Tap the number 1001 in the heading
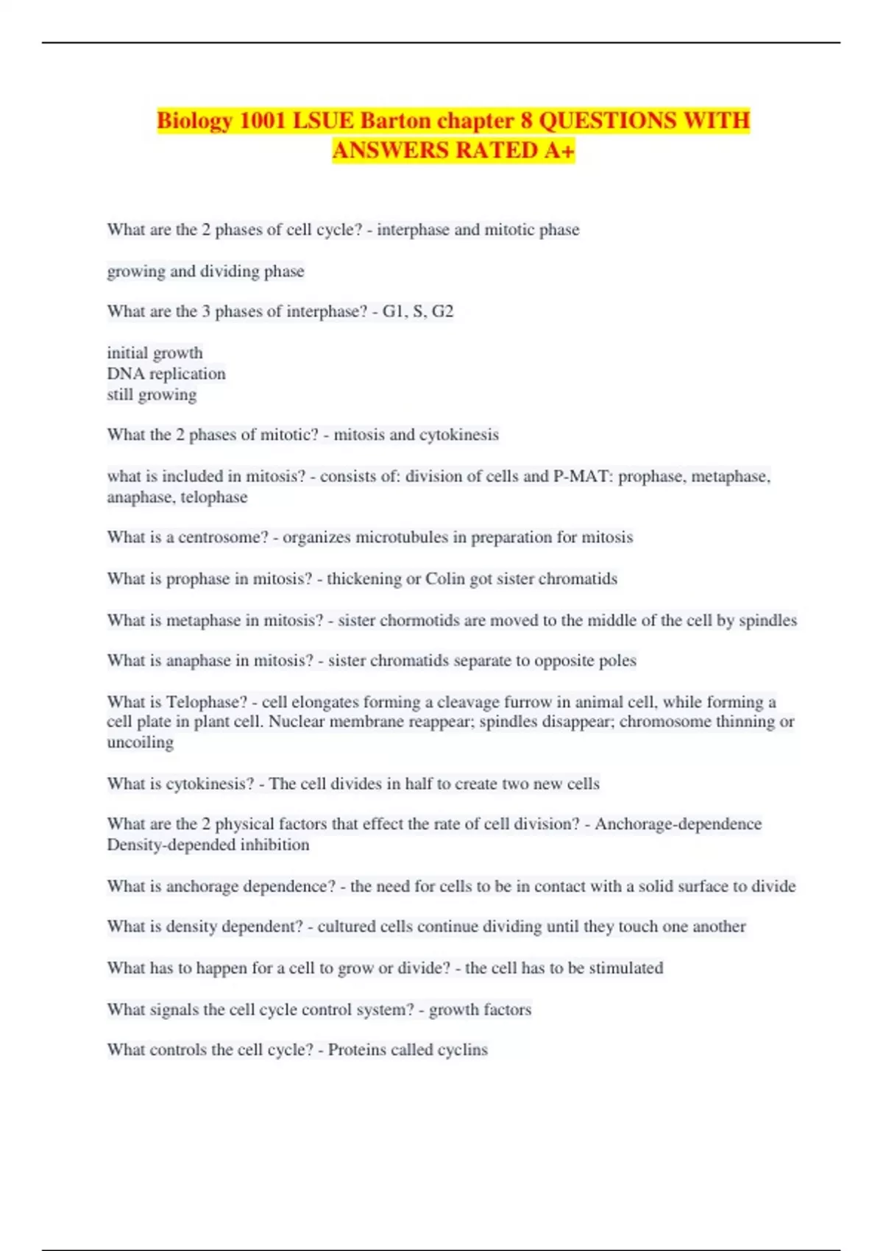(x=263, y=120)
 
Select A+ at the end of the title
(x=559, y=150)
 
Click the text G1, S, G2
(x=418, y=311)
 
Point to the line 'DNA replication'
(x=166, y=374)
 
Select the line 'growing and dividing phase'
(x=205, y=272)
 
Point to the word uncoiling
(x=140, y=743)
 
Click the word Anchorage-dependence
(x=678, y=824)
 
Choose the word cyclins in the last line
(x=462, y=1050)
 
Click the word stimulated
(x=625, y=968)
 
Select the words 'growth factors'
(x=480, y=1010)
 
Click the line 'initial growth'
(x=155, y=353)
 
